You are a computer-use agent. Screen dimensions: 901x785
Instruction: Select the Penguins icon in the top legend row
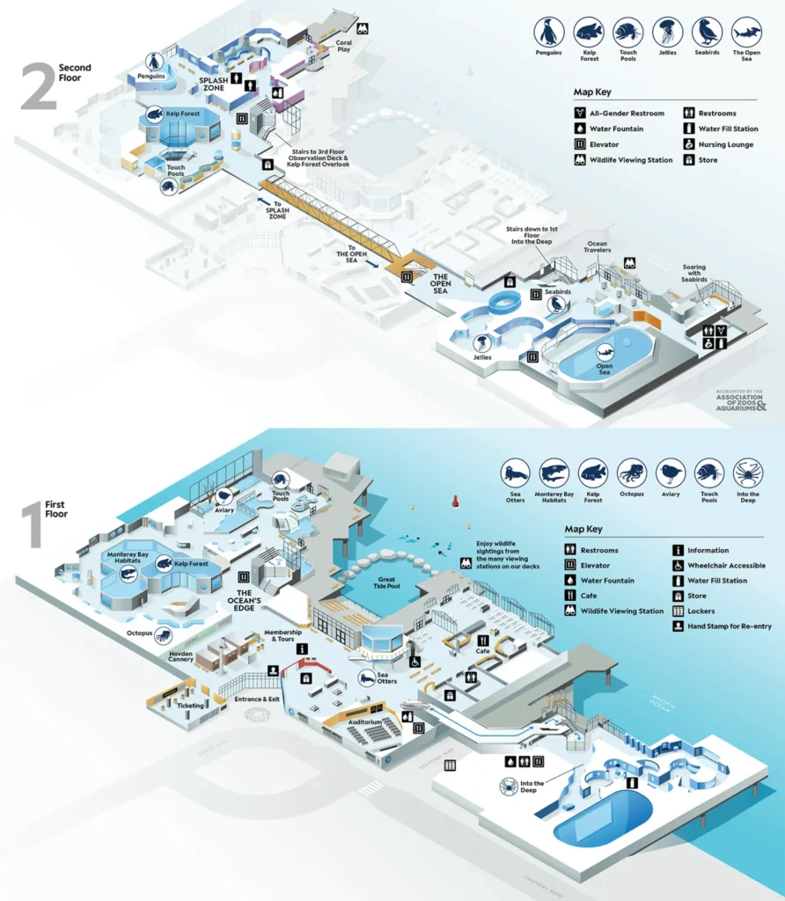(x=550, y=33)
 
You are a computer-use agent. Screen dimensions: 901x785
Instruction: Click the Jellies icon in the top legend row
(x=667, y=33)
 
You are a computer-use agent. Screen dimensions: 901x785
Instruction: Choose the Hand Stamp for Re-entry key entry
(x=721, y=626)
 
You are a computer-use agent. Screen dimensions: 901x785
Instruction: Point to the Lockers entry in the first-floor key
(x=701, y=611)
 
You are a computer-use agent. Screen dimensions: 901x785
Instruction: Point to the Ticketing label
(x=191, y=705)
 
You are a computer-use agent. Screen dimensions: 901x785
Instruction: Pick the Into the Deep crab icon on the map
(x=508, y=786)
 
